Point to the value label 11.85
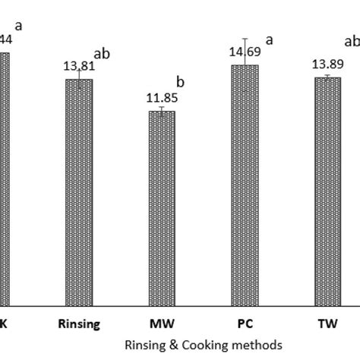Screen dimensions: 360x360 click(160, 99)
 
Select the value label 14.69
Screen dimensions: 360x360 click(243, 54)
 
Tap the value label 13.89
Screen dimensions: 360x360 click(327, 65)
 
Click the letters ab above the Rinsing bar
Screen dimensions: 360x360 click(102, 54)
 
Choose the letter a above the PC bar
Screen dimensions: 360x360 click(269, 39)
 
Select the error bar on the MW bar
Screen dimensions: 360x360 click(162, 111)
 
